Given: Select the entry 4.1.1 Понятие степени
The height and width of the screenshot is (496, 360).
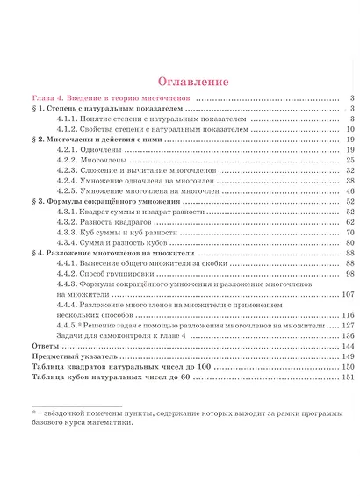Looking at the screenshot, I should tap(150, 118).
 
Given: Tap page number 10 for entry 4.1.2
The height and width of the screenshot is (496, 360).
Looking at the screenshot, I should tap(349, 128).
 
